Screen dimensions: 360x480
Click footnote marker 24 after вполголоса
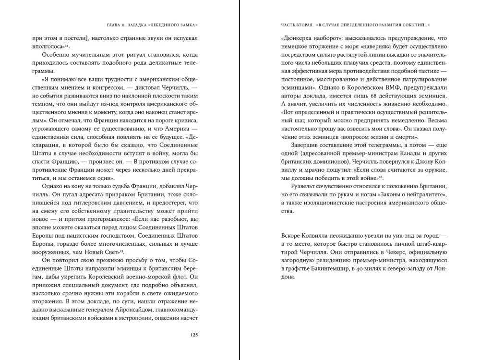pyautogui.click(x=69, y=46)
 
